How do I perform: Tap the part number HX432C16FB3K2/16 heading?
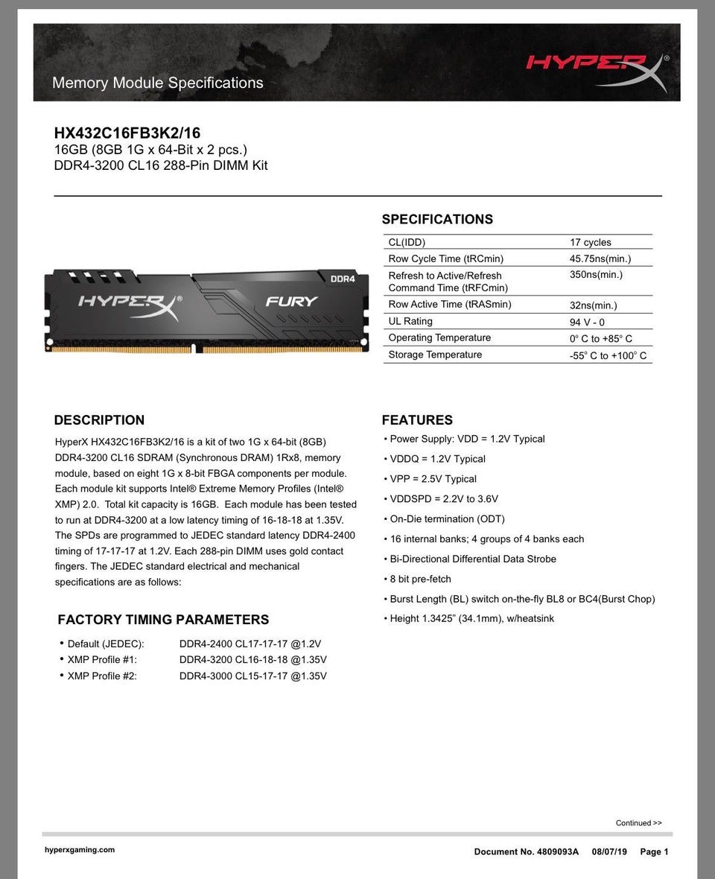point(127,133)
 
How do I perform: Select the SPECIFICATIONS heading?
point(437,219)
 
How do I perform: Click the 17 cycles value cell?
point(590,242)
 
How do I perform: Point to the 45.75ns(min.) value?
point(600,258)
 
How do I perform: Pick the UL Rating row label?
point(410,321)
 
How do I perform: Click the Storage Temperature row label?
point(435,355)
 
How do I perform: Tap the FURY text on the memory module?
point(292,302)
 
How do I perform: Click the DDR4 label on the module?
point(343,279)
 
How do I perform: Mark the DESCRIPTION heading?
point(99,420)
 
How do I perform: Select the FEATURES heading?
point(417,420)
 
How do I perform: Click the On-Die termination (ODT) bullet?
point(447,518)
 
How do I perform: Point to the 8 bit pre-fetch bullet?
point(420,579)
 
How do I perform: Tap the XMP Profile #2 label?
point(102,676)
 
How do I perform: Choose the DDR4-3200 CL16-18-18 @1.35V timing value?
point(252,659)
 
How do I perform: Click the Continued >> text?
point(638,823)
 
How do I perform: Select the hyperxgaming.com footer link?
point(80,850)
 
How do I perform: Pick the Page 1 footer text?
point(654,851)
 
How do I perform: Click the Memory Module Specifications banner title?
point(158,83)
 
